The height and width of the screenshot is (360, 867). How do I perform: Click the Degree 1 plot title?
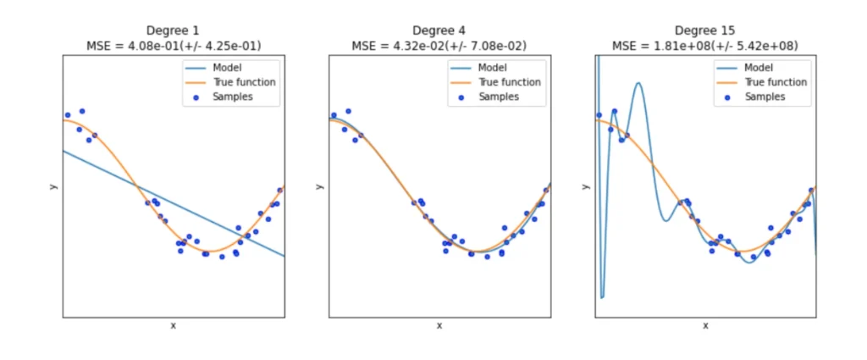[x=173, y=30]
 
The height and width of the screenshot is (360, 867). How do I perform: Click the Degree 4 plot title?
[x=439, y=30]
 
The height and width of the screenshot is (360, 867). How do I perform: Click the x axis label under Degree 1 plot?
[x=174, y=325]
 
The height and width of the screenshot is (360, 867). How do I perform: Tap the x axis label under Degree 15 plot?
[x=705, y=325]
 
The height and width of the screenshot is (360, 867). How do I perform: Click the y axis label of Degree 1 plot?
[x=52, y=186]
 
